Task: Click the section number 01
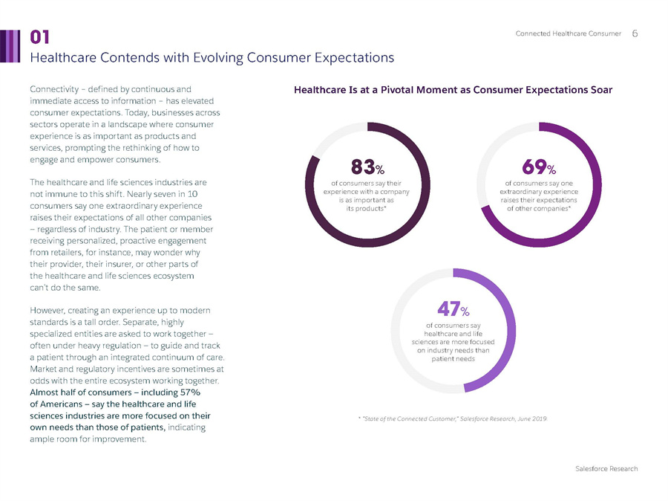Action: click(x=40, y=37)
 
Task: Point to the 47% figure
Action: click(x=452, y=307)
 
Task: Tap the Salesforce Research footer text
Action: click(x=606, y=469)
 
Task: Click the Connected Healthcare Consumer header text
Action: click(x=569, y=34)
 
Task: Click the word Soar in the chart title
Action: click(x=600, y=91)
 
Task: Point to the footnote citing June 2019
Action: click(x=453, y=419)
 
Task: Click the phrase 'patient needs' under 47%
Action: click(x=452, y=358)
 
